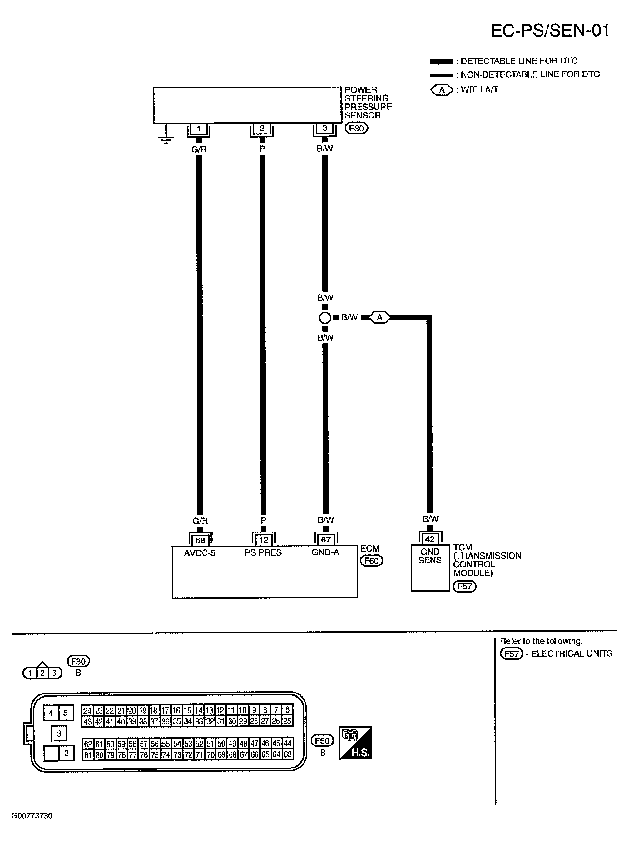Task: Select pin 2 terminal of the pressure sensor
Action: pos(262,129)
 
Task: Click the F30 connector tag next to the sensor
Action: pos(356,128)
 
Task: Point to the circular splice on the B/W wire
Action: pos(325,317)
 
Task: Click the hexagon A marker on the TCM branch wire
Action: pos(379,317)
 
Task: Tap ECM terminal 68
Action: pos(200,540)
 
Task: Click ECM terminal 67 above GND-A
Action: pos(325,540)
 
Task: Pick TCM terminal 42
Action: pos(430,539)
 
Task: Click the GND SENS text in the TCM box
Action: pos(430,556)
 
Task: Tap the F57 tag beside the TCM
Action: pos(464,586)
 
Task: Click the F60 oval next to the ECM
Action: pos(371,561)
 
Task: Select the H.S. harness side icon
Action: pos(355,743)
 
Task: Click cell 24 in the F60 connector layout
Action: pos(87,711)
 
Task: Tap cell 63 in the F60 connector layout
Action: pos(288,754)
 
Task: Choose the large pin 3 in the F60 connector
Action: pos(59,733)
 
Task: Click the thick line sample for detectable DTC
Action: pos(441,62)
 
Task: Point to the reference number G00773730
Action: pos(32,816)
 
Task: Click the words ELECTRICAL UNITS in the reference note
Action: pos(572,653)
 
